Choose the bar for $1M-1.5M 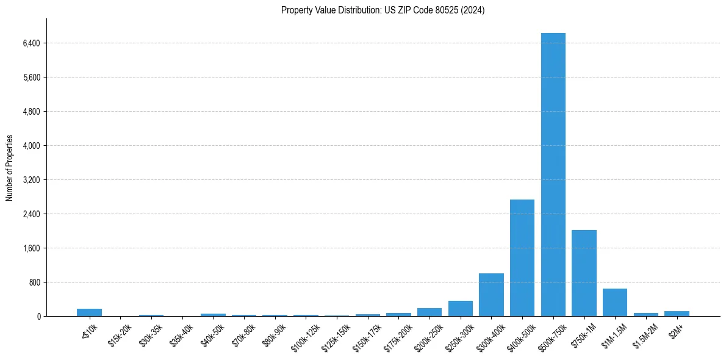[615, 302]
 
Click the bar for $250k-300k [461, 308]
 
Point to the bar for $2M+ [677, 314]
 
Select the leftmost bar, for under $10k [89, 312]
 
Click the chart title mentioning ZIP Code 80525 [383, 10]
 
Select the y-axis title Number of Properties [10, 168]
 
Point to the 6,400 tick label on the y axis [31, 43]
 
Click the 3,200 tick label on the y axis [31, 180]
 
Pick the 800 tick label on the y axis [34, 283]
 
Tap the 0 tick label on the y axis [38, 317]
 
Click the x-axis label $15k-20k [119, 335]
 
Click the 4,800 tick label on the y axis [31, 112]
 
